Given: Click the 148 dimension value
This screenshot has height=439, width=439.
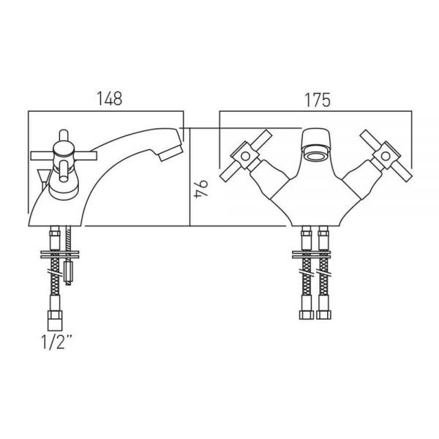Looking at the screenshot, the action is tap(110, 98).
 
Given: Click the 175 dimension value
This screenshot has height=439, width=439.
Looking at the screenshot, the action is tap(318, 100).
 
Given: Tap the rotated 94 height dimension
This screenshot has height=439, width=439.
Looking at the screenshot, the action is tap(201, 190).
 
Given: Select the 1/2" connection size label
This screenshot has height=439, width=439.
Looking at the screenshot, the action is tap(56, 342).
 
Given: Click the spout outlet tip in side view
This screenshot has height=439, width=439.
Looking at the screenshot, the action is tap(170, 153).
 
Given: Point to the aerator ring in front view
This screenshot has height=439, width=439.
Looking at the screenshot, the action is tap(316, 155).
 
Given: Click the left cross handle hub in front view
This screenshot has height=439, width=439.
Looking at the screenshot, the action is tap(245, 156).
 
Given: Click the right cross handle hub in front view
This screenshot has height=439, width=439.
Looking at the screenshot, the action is tap(386, 156).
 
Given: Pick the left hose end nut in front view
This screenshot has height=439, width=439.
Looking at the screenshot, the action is tap(307, 315).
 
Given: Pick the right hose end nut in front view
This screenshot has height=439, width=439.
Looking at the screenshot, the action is tap(323, 315).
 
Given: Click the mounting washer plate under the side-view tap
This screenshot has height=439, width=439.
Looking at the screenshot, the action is tap(60, 255).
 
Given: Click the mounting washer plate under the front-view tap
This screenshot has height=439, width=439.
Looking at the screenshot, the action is tap(311, 255).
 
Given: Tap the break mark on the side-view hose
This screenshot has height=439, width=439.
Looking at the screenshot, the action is tap(55, 272).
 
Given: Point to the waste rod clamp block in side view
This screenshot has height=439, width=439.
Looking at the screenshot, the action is tap(68, 271).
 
